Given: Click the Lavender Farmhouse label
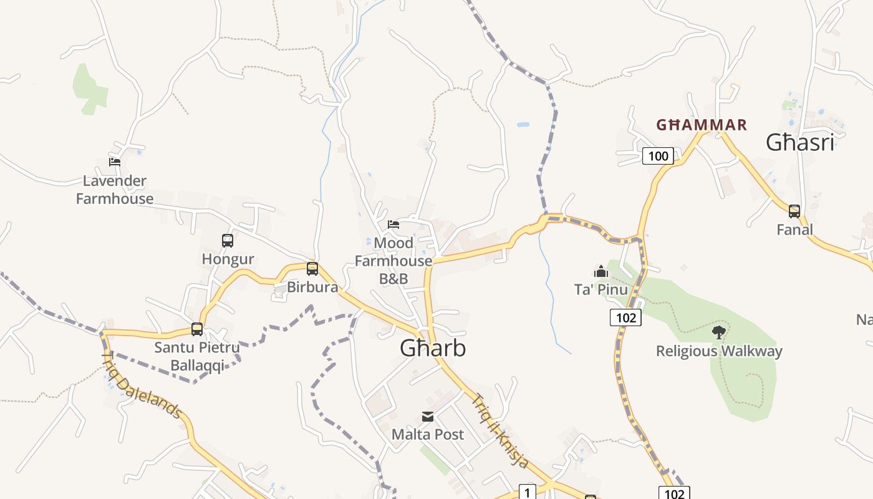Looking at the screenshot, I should (x=115, y=190).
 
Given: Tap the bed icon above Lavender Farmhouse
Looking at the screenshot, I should (x=115, y=162).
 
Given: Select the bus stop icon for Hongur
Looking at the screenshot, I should (x=228, y=241).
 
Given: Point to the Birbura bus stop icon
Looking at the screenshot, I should (x=312, y=269).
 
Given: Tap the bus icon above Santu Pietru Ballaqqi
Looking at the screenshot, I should (x=197, y=329).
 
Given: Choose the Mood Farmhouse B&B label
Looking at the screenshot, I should (x=393, y=261).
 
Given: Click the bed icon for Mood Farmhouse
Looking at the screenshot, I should (x=393, y=224).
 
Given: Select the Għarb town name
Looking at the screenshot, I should (x=433, y=348).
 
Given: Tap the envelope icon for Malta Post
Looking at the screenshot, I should (x=428, y=417).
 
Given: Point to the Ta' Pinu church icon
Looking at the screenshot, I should (x=601, y=271).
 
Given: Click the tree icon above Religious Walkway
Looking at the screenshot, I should (x=718, y=332).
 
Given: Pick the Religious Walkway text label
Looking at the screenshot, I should (x=718, y=351).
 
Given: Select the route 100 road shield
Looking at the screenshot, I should (x=658, y=156).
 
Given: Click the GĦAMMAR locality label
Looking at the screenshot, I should (x=702, y=125).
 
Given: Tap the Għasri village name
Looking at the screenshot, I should (x=800, y=143).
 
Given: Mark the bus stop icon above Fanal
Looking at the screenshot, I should (x=794, y=211).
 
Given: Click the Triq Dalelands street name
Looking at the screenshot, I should (x=142, y=385).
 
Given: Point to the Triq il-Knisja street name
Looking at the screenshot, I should (x=500, y=430).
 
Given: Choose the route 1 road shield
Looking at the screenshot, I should (x=528, y=493).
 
